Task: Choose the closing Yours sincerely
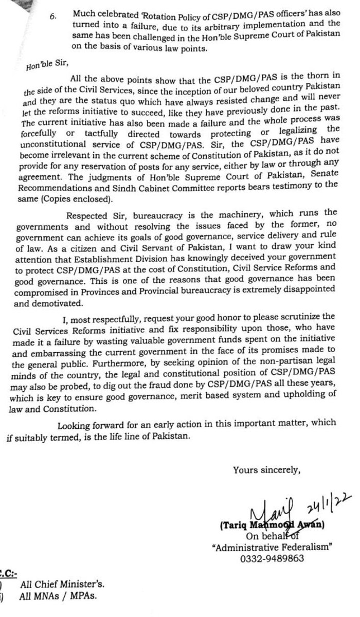click(x=265, y=468)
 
